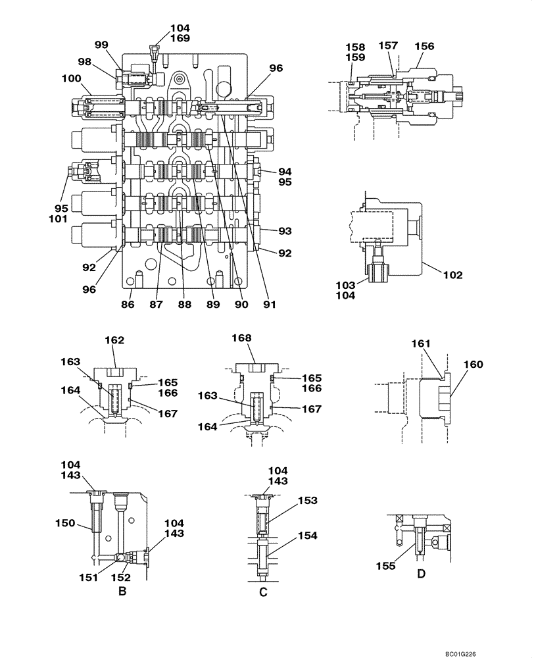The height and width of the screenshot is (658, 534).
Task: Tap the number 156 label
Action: [424, 46]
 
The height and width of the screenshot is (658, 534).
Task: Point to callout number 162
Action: [115, 340]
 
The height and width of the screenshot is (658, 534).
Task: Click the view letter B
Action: [122, 591]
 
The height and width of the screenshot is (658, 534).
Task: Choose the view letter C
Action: [263, 592]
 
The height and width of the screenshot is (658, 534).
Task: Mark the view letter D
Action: [422, 574]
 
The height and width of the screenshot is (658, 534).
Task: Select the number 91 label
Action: [268, 305]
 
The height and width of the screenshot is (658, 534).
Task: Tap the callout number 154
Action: [308, 536]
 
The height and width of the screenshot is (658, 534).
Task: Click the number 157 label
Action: [388, 45]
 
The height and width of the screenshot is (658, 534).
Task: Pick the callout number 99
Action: [101, 45]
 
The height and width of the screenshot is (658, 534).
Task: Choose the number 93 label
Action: [285, 231]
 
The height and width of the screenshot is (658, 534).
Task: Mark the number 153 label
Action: [308, 501]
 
